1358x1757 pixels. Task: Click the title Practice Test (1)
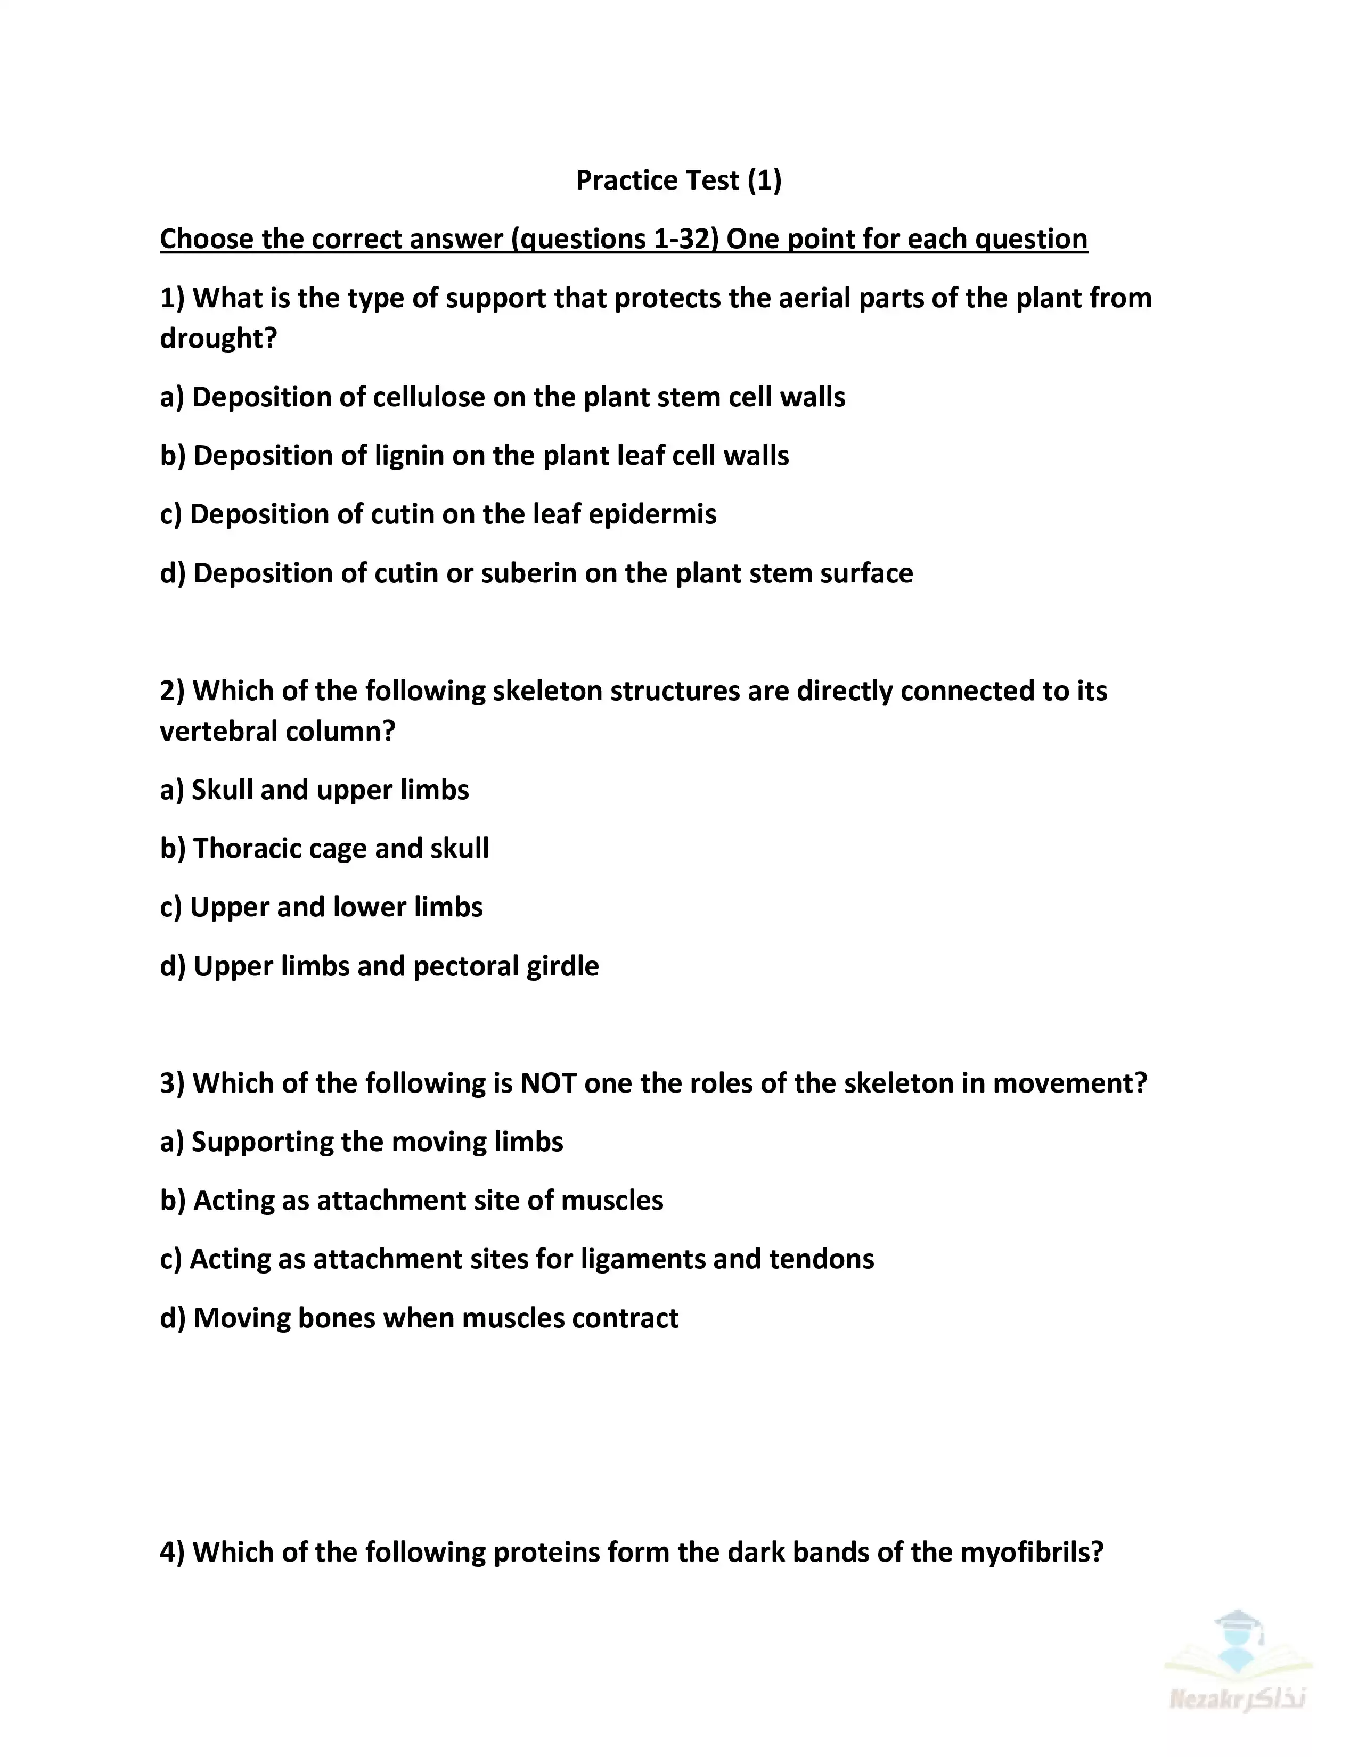point(678,180)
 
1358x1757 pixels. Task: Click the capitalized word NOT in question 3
point(548,1083)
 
